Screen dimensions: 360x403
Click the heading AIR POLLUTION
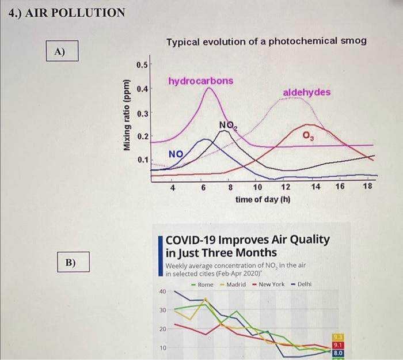(x=67, y=12)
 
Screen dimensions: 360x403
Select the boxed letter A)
(x=60, y=51)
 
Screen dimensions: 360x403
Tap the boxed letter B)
(x=70, y=263)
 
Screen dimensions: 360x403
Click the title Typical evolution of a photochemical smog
(x=266, y=41)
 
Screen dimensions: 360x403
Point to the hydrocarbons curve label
(x=201, y=81)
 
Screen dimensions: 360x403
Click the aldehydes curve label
(x=307, y=92)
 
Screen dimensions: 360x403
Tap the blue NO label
(x=176, y=154)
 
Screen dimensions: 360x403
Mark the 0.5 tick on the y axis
(x=142, y=65)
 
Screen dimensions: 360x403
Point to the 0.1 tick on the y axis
(x=142, y=160)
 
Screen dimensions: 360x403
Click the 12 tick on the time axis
(x=286, y=187)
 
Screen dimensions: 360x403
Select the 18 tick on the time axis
(x=368, y=187)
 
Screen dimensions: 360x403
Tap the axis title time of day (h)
(x=263, y=199)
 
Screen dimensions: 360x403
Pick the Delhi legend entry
(x=303, y=285)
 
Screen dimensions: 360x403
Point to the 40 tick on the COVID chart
(x=162, y=292)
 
